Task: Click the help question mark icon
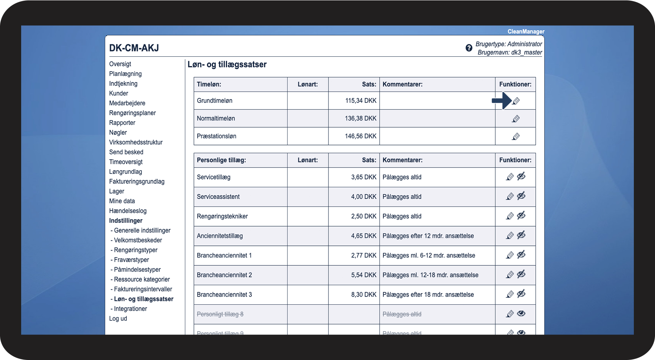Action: pos(469,48)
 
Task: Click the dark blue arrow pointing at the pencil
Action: pos(501,100)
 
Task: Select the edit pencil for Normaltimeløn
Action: pos(516,119)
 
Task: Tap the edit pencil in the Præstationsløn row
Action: pos(516,136)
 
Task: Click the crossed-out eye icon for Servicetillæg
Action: pos(521,176)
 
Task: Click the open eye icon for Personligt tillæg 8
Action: pos(521,314)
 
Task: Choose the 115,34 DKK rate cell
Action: pos(360,100)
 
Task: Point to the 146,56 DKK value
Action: pos(360,136)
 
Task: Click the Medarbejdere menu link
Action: pos(127,103)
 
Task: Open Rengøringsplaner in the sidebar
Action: pos(132,113)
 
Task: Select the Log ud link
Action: pos(118,318)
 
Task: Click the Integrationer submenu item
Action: pos(130,309)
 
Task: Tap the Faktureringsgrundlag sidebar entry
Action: pos(137,182)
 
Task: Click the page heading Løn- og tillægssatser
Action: pos(227,65)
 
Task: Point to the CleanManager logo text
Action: pos(526,32)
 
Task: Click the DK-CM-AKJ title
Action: pos(134,48)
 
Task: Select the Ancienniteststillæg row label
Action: pos(220,236)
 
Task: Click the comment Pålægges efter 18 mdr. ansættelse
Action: pos(428,295)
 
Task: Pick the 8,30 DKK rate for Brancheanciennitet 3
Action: pos(364,295)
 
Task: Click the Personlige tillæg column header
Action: pos(221,160)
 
